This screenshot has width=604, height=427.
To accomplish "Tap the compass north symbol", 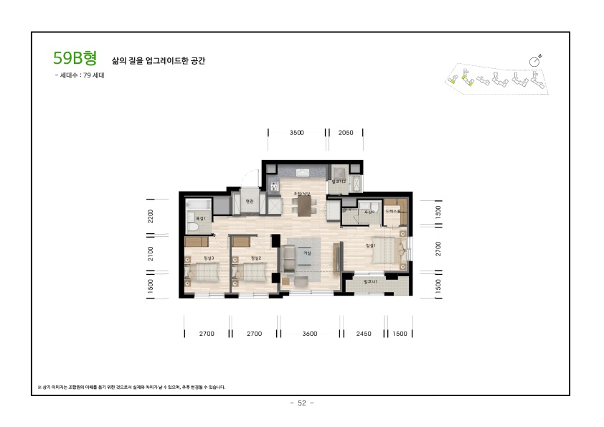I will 535,61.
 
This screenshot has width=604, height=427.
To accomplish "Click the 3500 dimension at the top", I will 297,133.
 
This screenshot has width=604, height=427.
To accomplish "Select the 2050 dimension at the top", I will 346,133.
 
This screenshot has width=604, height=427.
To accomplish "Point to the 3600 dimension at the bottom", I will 310,334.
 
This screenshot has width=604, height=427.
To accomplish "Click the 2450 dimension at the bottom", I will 364,334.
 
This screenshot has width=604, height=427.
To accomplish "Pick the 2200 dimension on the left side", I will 151,217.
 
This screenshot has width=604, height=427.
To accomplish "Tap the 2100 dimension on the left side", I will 151,253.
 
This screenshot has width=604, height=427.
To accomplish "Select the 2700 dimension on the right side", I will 438,248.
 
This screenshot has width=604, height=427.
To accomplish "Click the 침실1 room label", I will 371,246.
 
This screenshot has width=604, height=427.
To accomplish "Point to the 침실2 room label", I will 256,258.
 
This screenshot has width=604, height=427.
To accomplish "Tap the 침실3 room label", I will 209,258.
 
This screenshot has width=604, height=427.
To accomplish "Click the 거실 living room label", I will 307,253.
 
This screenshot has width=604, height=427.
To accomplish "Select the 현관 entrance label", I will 250,202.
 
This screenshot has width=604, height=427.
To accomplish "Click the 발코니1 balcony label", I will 370,282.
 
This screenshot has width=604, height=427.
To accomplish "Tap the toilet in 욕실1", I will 192,227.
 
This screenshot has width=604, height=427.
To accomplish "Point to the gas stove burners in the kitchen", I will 273,187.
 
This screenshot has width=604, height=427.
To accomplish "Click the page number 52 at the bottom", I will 301,403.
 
